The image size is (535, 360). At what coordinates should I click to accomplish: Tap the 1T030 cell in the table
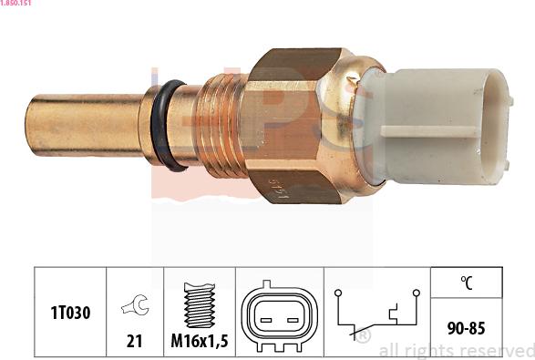(70, 313)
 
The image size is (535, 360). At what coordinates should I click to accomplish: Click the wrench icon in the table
(134, 307)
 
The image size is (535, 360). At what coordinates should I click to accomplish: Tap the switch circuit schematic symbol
(376, 314)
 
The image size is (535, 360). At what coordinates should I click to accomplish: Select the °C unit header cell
(465, 283)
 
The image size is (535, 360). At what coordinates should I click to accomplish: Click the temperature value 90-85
(465, 325)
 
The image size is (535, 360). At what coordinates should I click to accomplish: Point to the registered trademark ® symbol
(363, 338)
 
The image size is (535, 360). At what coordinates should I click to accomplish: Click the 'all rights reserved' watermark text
(456, 350)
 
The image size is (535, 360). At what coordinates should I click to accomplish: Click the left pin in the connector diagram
(265, 316)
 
